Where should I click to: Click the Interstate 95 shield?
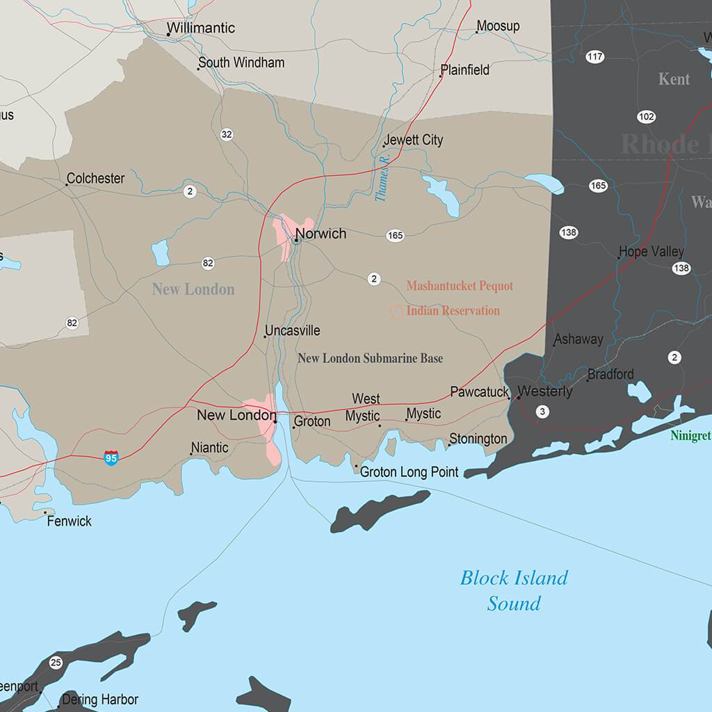pos(111,458)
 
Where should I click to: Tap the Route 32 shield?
pos(227,134)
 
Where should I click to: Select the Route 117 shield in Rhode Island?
pos(594,57)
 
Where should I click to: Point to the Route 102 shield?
pos(646,116)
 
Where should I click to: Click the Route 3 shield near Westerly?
pos(542,412)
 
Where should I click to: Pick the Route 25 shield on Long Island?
pos(56,662)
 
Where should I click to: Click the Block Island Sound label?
pos(514,590)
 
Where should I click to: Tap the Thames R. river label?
pos(382,179)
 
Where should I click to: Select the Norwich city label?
pos(321,234)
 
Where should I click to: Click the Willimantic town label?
pos(200,29)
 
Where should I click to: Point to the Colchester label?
pos(96,179)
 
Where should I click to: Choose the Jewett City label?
pos(414,140)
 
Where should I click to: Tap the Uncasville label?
pos(293,331)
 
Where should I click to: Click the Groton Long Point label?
pos(409,472)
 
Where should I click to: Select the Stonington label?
pos(478,439)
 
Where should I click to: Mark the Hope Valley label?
pos(652,252)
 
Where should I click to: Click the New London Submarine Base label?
pos(370,359)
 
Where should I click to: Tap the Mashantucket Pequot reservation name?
pos(460,286)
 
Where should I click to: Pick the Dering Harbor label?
pos(100,699)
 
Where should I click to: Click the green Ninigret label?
pos(690,436)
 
